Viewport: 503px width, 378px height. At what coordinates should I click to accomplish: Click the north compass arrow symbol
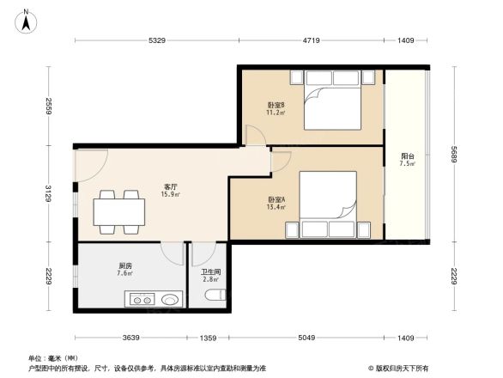click(27, 20)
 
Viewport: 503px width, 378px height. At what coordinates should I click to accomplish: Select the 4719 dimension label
click(311, 40)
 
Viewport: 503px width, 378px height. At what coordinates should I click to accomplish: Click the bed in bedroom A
click(327, 201)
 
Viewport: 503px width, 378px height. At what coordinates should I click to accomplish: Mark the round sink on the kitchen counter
click(171, 301)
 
